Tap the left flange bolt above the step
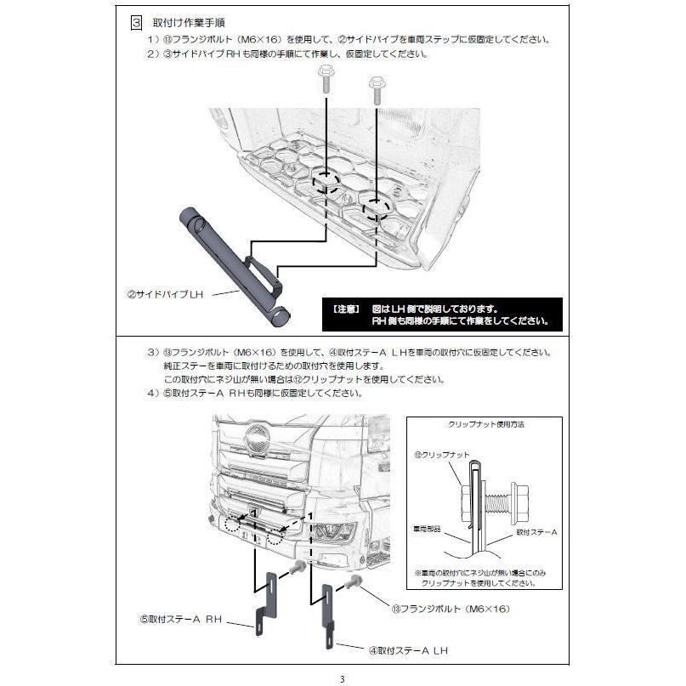coord(326,84)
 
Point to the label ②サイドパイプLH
coord(165,294)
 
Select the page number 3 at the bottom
coord(342,678)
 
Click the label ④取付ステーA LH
coord(407,650)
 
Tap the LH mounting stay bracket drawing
coord(326,616)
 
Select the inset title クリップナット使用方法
coord(484,423)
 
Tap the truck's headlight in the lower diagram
coord(337,533)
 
